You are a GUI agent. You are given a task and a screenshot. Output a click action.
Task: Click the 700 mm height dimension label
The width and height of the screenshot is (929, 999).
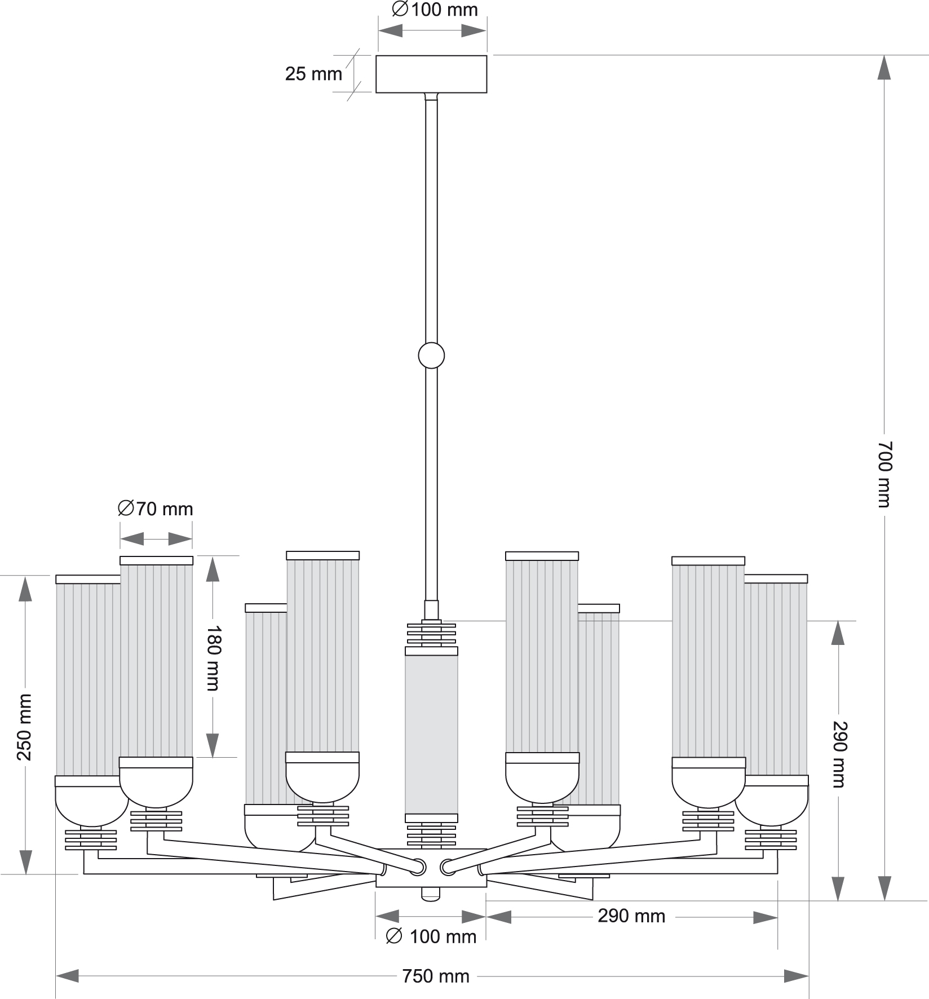(884, 474)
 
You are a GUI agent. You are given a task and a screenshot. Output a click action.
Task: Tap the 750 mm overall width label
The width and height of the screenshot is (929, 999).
(435, 976)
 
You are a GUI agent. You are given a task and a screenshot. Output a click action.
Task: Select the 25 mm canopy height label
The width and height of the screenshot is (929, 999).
(313, 74)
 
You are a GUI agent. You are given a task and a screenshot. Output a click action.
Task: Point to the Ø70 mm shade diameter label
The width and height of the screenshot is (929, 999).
(156, 509)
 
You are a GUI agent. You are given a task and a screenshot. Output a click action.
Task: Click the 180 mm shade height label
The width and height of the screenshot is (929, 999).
(213, 657)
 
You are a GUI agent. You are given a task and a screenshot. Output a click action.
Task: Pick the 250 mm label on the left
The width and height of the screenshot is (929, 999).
(25, 727)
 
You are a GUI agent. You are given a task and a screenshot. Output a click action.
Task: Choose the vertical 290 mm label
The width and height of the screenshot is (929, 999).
(839, 754)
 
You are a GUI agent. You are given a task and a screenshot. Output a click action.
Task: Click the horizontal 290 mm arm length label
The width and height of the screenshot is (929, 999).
(631, 916)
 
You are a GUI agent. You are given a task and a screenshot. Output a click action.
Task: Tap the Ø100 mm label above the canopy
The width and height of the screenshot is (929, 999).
(435, 10)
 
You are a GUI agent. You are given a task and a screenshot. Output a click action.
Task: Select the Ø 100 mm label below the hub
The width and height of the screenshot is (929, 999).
(431, 936)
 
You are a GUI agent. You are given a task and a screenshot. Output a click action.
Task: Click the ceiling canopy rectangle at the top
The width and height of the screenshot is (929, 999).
(431, 74)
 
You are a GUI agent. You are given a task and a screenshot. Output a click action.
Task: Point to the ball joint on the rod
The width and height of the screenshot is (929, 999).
(431, 356)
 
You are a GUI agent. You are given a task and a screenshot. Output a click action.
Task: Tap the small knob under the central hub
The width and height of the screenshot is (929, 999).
(431, 894)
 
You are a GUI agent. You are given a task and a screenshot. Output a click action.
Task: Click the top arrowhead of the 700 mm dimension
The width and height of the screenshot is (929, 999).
(884, 68)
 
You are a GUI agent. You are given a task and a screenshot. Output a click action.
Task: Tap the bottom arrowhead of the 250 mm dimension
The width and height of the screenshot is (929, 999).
(25, 862)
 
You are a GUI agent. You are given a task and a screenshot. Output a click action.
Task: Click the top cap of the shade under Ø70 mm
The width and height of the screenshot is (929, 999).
(156, 560)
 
